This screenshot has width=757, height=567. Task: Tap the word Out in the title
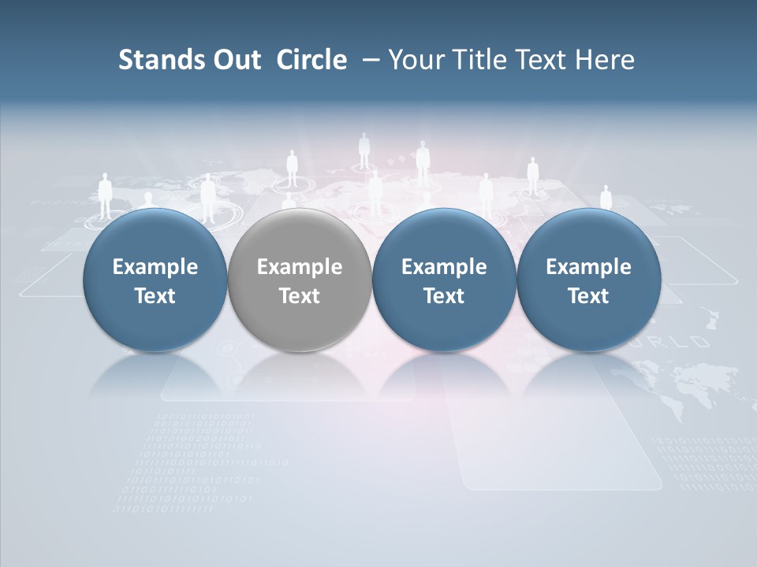[x=234, y=60]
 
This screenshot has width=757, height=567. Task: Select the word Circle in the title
[x=311, y=60]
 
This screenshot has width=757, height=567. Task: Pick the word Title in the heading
[x=478, y=60]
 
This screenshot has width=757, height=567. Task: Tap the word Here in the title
[x=606, y=60]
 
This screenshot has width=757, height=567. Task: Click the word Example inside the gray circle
[x=300, y=267]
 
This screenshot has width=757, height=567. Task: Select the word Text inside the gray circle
[x=300, y=296]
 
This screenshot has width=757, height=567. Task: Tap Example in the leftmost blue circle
[x=155, y=267]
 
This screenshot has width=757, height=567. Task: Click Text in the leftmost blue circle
[x=155, y=296]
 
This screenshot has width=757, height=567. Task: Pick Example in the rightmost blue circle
[x=588, y=267]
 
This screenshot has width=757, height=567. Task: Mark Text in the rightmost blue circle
[x=588, y=296]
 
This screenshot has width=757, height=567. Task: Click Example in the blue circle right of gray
[x=444, y=267]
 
